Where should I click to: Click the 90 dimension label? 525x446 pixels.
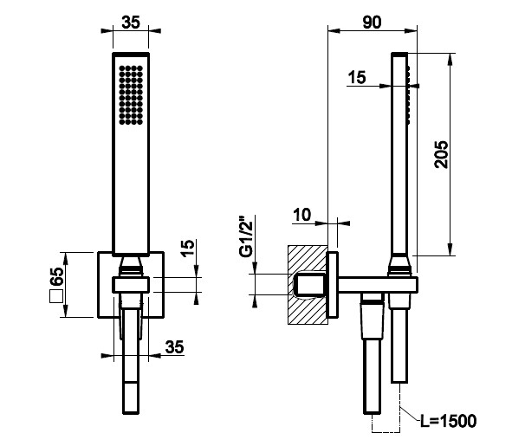pos(372,22)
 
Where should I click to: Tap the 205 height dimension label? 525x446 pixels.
pos(441,154)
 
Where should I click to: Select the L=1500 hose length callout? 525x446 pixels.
pos(448,421)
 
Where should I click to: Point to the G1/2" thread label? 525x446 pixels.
pos(247,238)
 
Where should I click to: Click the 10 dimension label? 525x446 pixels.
pos(302,215)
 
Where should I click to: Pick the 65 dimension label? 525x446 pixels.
pos(56,276)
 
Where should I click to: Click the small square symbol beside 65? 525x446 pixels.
pos(56,296)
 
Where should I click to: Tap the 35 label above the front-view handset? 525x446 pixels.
pos(131,23)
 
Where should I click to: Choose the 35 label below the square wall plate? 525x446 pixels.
pos(174,347)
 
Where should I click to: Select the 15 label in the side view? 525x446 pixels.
pos(357,77)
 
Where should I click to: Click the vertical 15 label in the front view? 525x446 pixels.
pos(188,248)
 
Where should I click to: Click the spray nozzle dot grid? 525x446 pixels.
pos(131,95)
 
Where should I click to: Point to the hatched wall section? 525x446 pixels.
pos(308,284)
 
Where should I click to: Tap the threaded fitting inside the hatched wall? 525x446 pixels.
pos(308,285)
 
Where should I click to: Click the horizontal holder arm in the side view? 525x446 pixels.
pos(378,284)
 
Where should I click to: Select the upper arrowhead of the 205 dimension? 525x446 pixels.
pos(451,60)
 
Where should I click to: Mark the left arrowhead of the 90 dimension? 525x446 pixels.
pos(334,31)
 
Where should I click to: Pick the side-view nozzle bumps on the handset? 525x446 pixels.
pos(409,94)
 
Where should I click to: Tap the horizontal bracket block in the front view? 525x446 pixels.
pos(131,285)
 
